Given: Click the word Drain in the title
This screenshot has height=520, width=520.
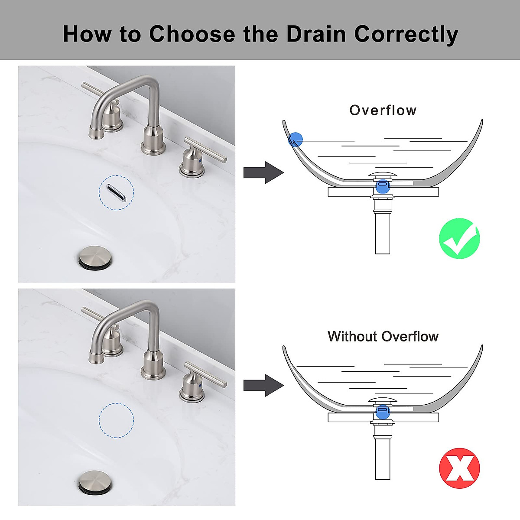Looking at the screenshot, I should pyautogui.click(x=316, y=34).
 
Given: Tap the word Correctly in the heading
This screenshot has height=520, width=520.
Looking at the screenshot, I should pyautogui.click(x=406, y=35).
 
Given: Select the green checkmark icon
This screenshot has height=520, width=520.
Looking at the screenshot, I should pyautogui.click(x=459, y=239).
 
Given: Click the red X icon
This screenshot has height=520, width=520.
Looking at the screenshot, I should pyautogui.click(x=459, y=468).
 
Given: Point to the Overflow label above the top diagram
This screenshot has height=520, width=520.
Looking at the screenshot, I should pyautogui.click(x=383, y=110).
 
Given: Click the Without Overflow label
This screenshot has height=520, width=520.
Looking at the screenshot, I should pyautogui.click(x=383, y=336).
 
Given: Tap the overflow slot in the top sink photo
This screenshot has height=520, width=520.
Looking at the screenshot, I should pyautogui.click(x=116, y=192).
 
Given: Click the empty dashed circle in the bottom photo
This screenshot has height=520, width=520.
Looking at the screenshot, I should pyautogui.click(x=116, y=420).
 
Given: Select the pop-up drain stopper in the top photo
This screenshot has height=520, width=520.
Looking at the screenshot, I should pyautogui.click(x=94, y=257).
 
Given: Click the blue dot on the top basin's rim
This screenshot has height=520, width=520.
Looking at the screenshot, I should pyautogui.click(x=296, y=140).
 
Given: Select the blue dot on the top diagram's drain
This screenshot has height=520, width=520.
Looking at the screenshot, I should pyautogui.click(x=382, y=186).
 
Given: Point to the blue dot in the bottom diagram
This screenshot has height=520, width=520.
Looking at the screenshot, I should pyautogui.click(x=382, y=411).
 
